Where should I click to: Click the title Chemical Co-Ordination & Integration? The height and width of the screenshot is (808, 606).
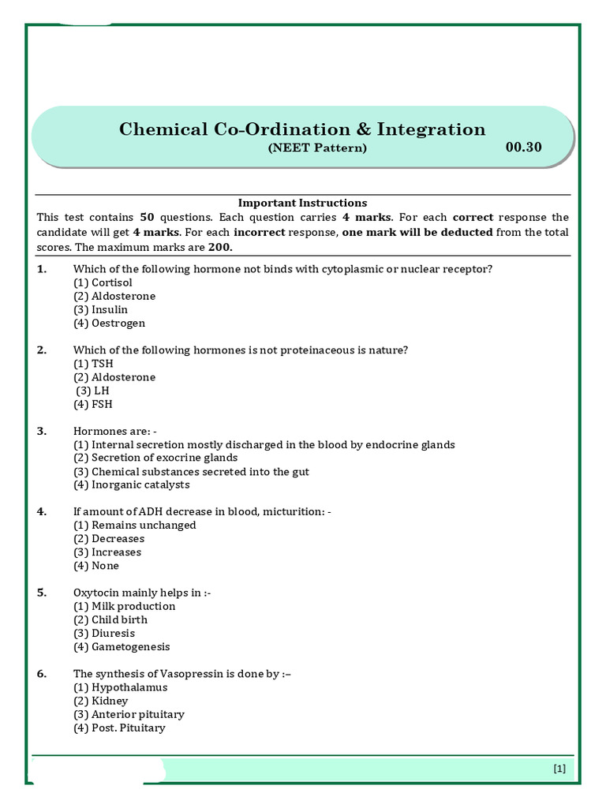[x=302, y=129]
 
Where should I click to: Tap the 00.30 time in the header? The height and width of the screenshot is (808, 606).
[x=523, y=147]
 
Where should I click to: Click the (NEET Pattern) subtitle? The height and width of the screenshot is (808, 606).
[x=317, y=148]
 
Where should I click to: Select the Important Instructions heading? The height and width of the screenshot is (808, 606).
[x=303, y=203]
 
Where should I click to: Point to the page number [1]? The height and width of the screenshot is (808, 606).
[x=559, y=768]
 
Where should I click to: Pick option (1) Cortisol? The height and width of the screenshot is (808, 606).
[x=103, y=282]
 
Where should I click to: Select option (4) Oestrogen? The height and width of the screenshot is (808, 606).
[x=109, y=323]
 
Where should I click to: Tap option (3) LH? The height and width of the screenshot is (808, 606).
[x=93, y=391]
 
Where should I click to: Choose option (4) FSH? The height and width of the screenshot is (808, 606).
[x=93, y=404]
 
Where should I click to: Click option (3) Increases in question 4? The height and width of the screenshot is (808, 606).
[x=107, y=552]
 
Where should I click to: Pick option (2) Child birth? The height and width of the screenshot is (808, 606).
[x=110, y=619]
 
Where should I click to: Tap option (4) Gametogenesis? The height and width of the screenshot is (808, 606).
[x=122, y=646]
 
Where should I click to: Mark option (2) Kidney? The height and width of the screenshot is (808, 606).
[x=100, y=701]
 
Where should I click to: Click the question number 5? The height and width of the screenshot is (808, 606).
[x=42, y=593]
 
